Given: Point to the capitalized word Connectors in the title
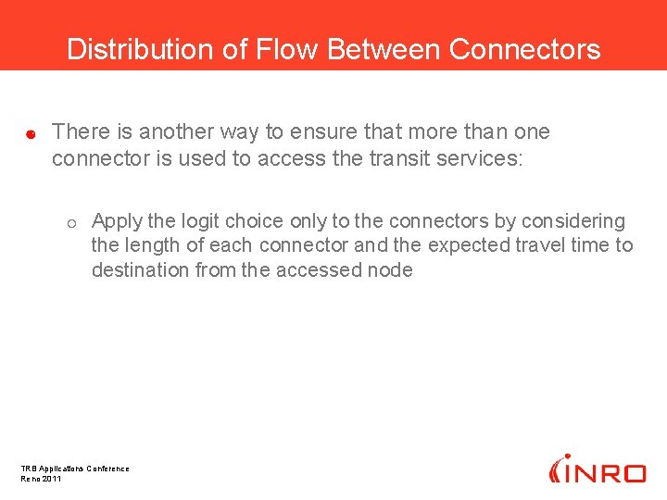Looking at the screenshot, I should (524, 49).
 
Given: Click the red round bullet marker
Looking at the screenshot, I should (30, 134).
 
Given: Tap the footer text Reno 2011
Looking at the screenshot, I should (41, 479).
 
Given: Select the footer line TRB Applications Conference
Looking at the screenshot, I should (75, 469).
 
